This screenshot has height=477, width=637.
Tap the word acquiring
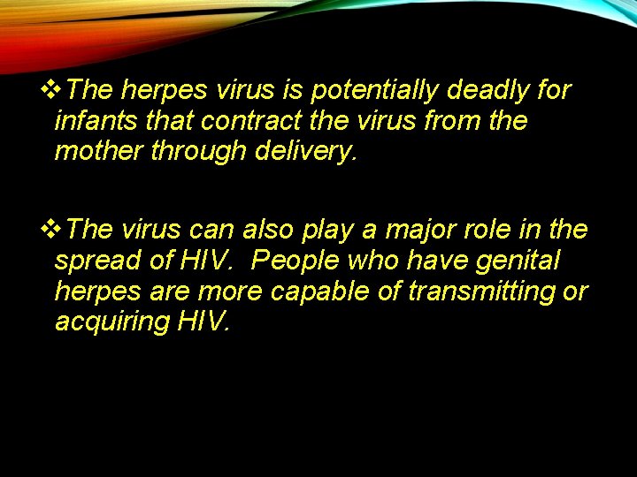click(111, 322)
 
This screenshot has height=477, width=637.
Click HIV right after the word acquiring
click(202, 322)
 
